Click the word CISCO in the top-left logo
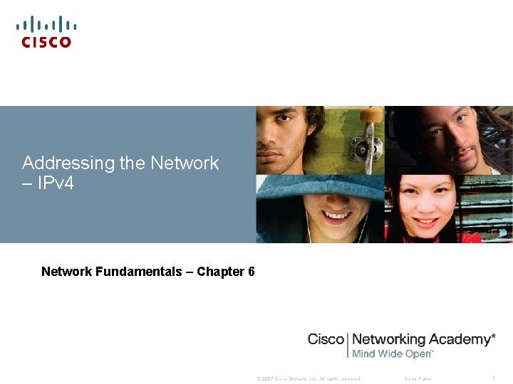[x=46, y=43]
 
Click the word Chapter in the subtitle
[x=220, y=272]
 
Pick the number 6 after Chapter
[x=252, y=272]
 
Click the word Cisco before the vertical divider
[x=326, y=340]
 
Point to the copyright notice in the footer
[x=309, y=378]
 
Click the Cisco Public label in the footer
[x=418, y=378]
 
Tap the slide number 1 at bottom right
[x=493, y=378]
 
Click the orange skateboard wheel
[x=371, y=114]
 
